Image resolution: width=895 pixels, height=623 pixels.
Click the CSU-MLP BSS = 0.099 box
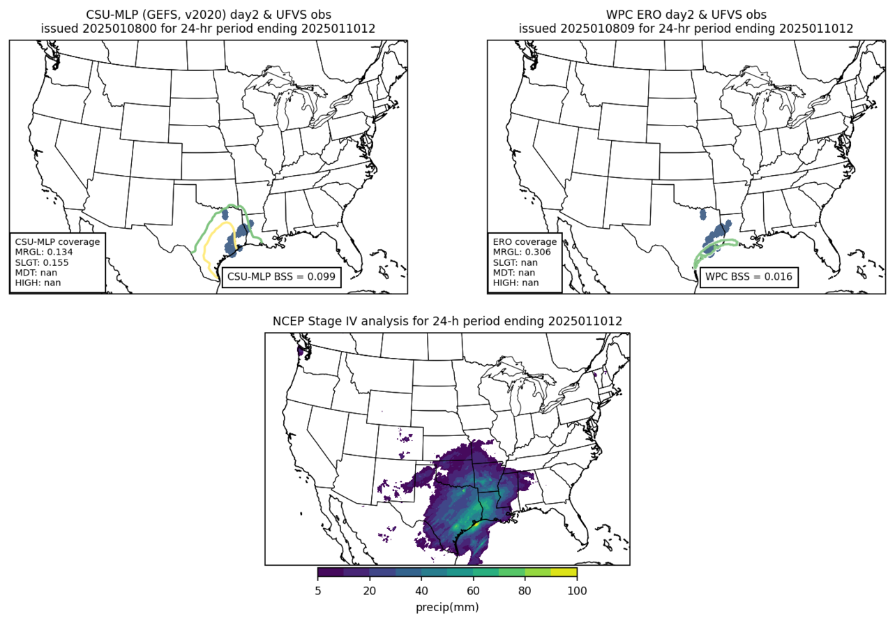tap(282, 276)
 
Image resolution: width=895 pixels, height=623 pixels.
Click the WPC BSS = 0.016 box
tap(749, 276)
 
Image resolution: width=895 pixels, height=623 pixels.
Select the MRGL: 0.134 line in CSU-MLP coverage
tap(44, 252)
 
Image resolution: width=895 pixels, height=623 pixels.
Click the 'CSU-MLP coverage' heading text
tap(57, 242)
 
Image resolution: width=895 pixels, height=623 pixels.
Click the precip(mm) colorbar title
tap(447, 607)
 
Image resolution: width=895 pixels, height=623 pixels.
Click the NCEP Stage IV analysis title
tap(447, 321)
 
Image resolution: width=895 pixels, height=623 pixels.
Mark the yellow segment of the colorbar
tap(564, 573)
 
